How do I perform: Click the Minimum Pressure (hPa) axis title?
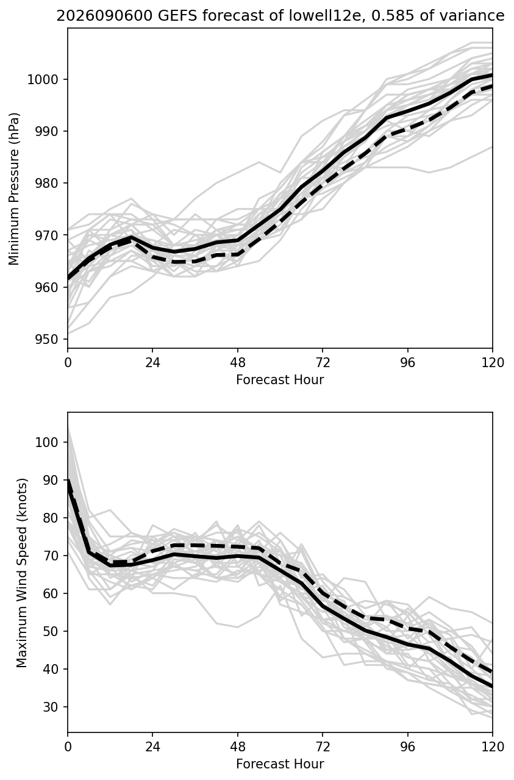click(x=14, y=188)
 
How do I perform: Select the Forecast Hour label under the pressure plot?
click(x=280, y=379)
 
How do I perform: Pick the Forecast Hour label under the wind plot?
click(x=280, y=764)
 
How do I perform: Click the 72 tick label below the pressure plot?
click(x=323, y=363)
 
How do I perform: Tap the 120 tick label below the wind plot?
click(x=493, y=746)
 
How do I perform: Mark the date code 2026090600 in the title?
click(x=104, y=16)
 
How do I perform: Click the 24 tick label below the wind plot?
click(x=152, y=746)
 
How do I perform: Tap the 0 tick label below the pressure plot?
click(x=68, y=363)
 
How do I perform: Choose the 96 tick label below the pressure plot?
click(x=408, y=363)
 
